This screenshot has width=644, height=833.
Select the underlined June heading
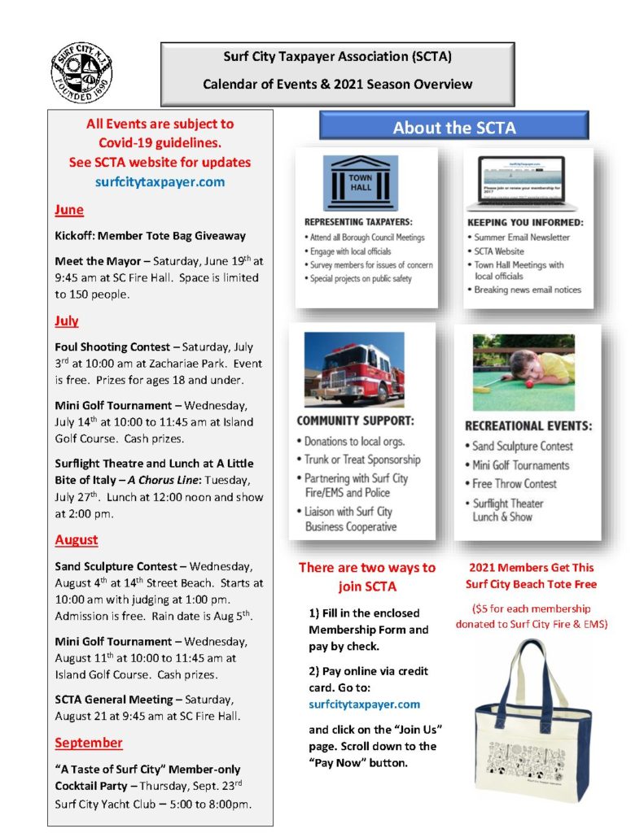coord(69,210)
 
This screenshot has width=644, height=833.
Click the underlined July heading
coord(67,321)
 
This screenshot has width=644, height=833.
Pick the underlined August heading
coord(77,539)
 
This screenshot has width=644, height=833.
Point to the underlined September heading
coord(89,743)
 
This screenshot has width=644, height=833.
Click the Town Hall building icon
coord(360,183)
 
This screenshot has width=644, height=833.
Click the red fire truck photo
coord(354,369)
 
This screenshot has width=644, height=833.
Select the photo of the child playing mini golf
coord(524,372)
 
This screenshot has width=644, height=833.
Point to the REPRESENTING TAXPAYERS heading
coord(358,221)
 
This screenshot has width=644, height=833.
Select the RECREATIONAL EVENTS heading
coord(528,425)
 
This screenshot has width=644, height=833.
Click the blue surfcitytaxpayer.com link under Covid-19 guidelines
coord(160,182)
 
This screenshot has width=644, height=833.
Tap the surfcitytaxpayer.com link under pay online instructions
coord(365,704)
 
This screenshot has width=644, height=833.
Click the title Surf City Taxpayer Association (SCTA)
coord(337,57)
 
